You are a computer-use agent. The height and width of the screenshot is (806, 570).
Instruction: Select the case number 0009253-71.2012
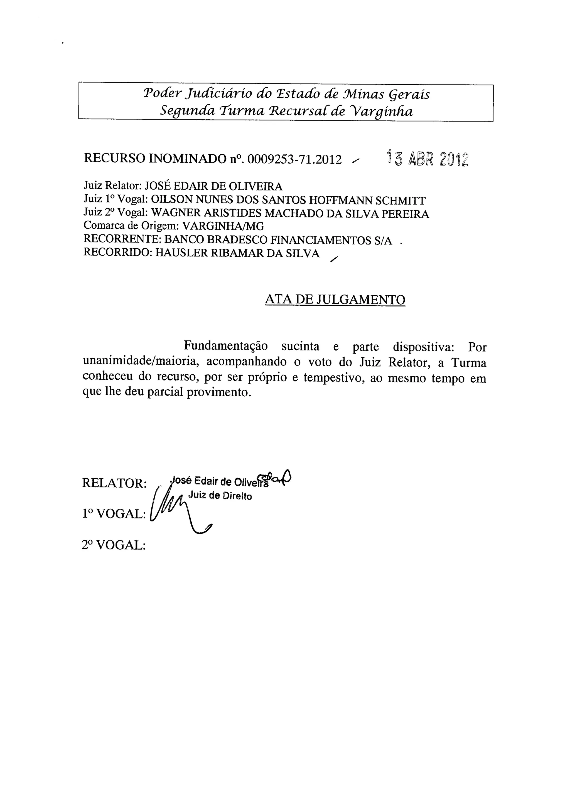pos(294,160)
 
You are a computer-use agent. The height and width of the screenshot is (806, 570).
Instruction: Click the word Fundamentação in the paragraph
pos(226,346)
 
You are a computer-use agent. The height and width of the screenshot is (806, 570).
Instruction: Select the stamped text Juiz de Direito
pos(220,496)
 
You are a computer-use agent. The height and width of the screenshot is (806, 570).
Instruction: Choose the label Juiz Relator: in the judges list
pos(112,186)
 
